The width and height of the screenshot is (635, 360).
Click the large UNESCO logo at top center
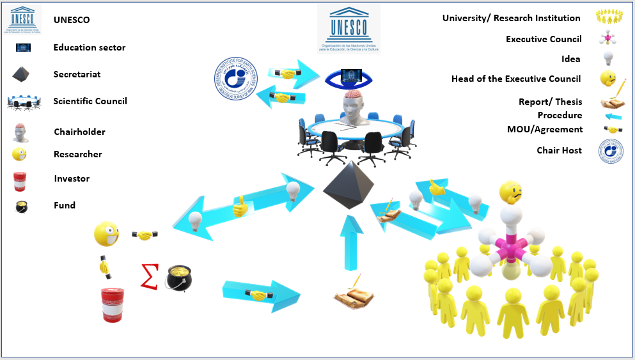(349, 29)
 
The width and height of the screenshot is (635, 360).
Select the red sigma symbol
(150, 275)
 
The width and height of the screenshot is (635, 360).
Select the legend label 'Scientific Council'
(90, 101)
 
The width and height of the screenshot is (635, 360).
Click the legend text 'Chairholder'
(79, 132)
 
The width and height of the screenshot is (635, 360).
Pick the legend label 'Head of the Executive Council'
(516, 79)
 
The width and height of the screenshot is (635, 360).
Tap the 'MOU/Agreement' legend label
(545, 129)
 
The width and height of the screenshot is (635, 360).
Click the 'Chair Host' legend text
(560, 150)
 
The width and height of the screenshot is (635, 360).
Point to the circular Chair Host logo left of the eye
(239, 81)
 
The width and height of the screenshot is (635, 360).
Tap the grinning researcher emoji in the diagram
(106, 234)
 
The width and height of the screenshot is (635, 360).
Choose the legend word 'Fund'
(65, 205)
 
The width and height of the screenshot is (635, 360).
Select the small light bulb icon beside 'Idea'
(608, 59)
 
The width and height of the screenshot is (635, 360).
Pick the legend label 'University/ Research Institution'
(512, 18)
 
